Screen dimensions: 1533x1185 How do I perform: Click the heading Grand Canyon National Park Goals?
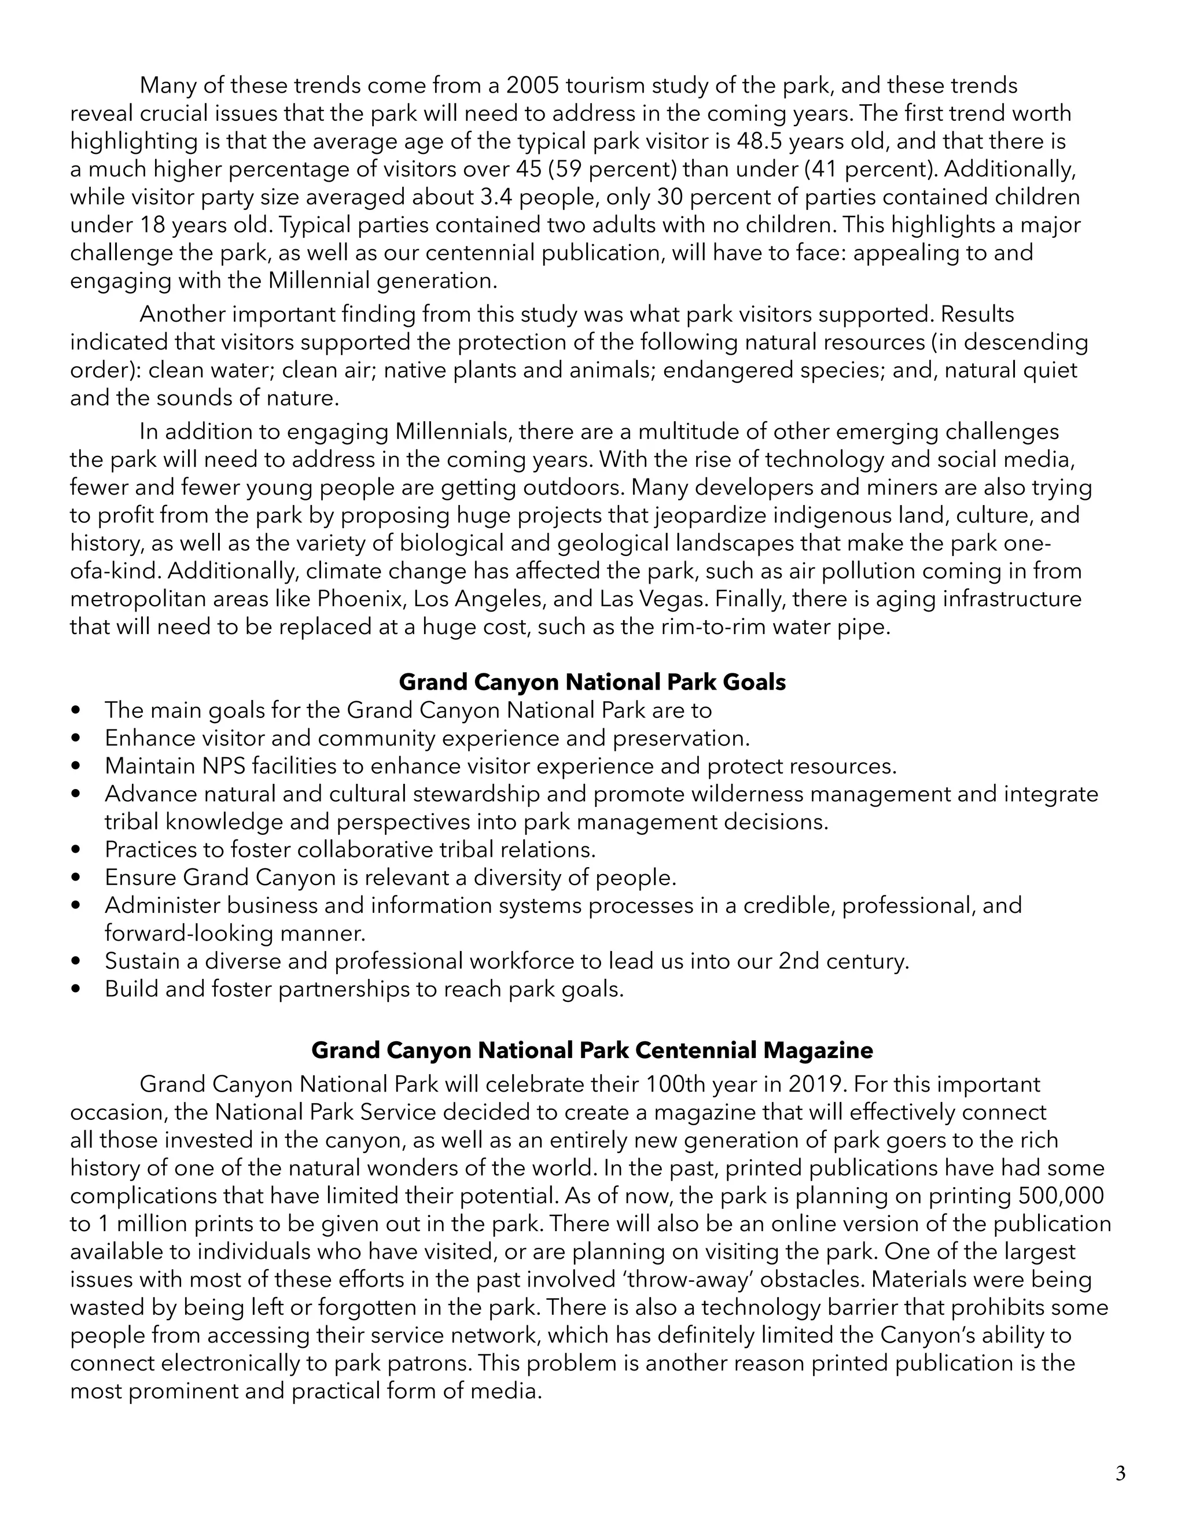[592, 681]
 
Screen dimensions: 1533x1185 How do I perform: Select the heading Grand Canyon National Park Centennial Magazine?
[592, 1050]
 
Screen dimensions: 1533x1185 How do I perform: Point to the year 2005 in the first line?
[532, 86]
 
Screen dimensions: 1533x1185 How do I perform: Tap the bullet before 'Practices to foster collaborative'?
[77, 850]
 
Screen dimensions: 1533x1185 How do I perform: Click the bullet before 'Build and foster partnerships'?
[77, 989]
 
